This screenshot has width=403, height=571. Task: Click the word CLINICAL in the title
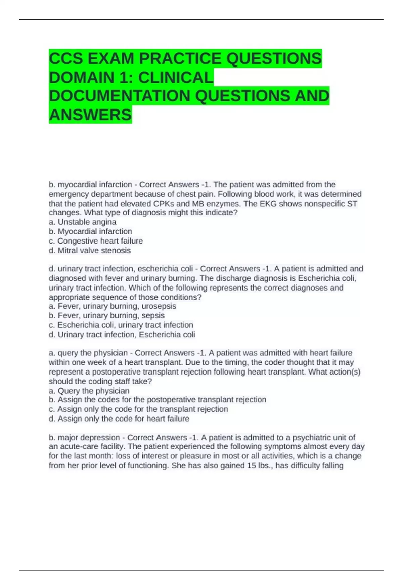pos(176,78)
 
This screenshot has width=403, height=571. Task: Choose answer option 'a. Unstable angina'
pos(83,222)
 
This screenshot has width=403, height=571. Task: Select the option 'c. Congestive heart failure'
pos(96,241)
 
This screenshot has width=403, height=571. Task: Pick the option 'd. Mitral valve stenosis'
pos(90,250)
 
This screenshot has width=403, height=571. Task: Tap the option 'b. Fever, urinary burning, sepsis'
pos(106,315)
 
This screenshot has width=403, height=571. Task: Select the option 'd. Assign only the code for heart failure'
pos(119,419)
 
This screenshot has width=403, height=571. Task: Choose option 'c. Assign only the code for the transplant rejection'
pos(138,409)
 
